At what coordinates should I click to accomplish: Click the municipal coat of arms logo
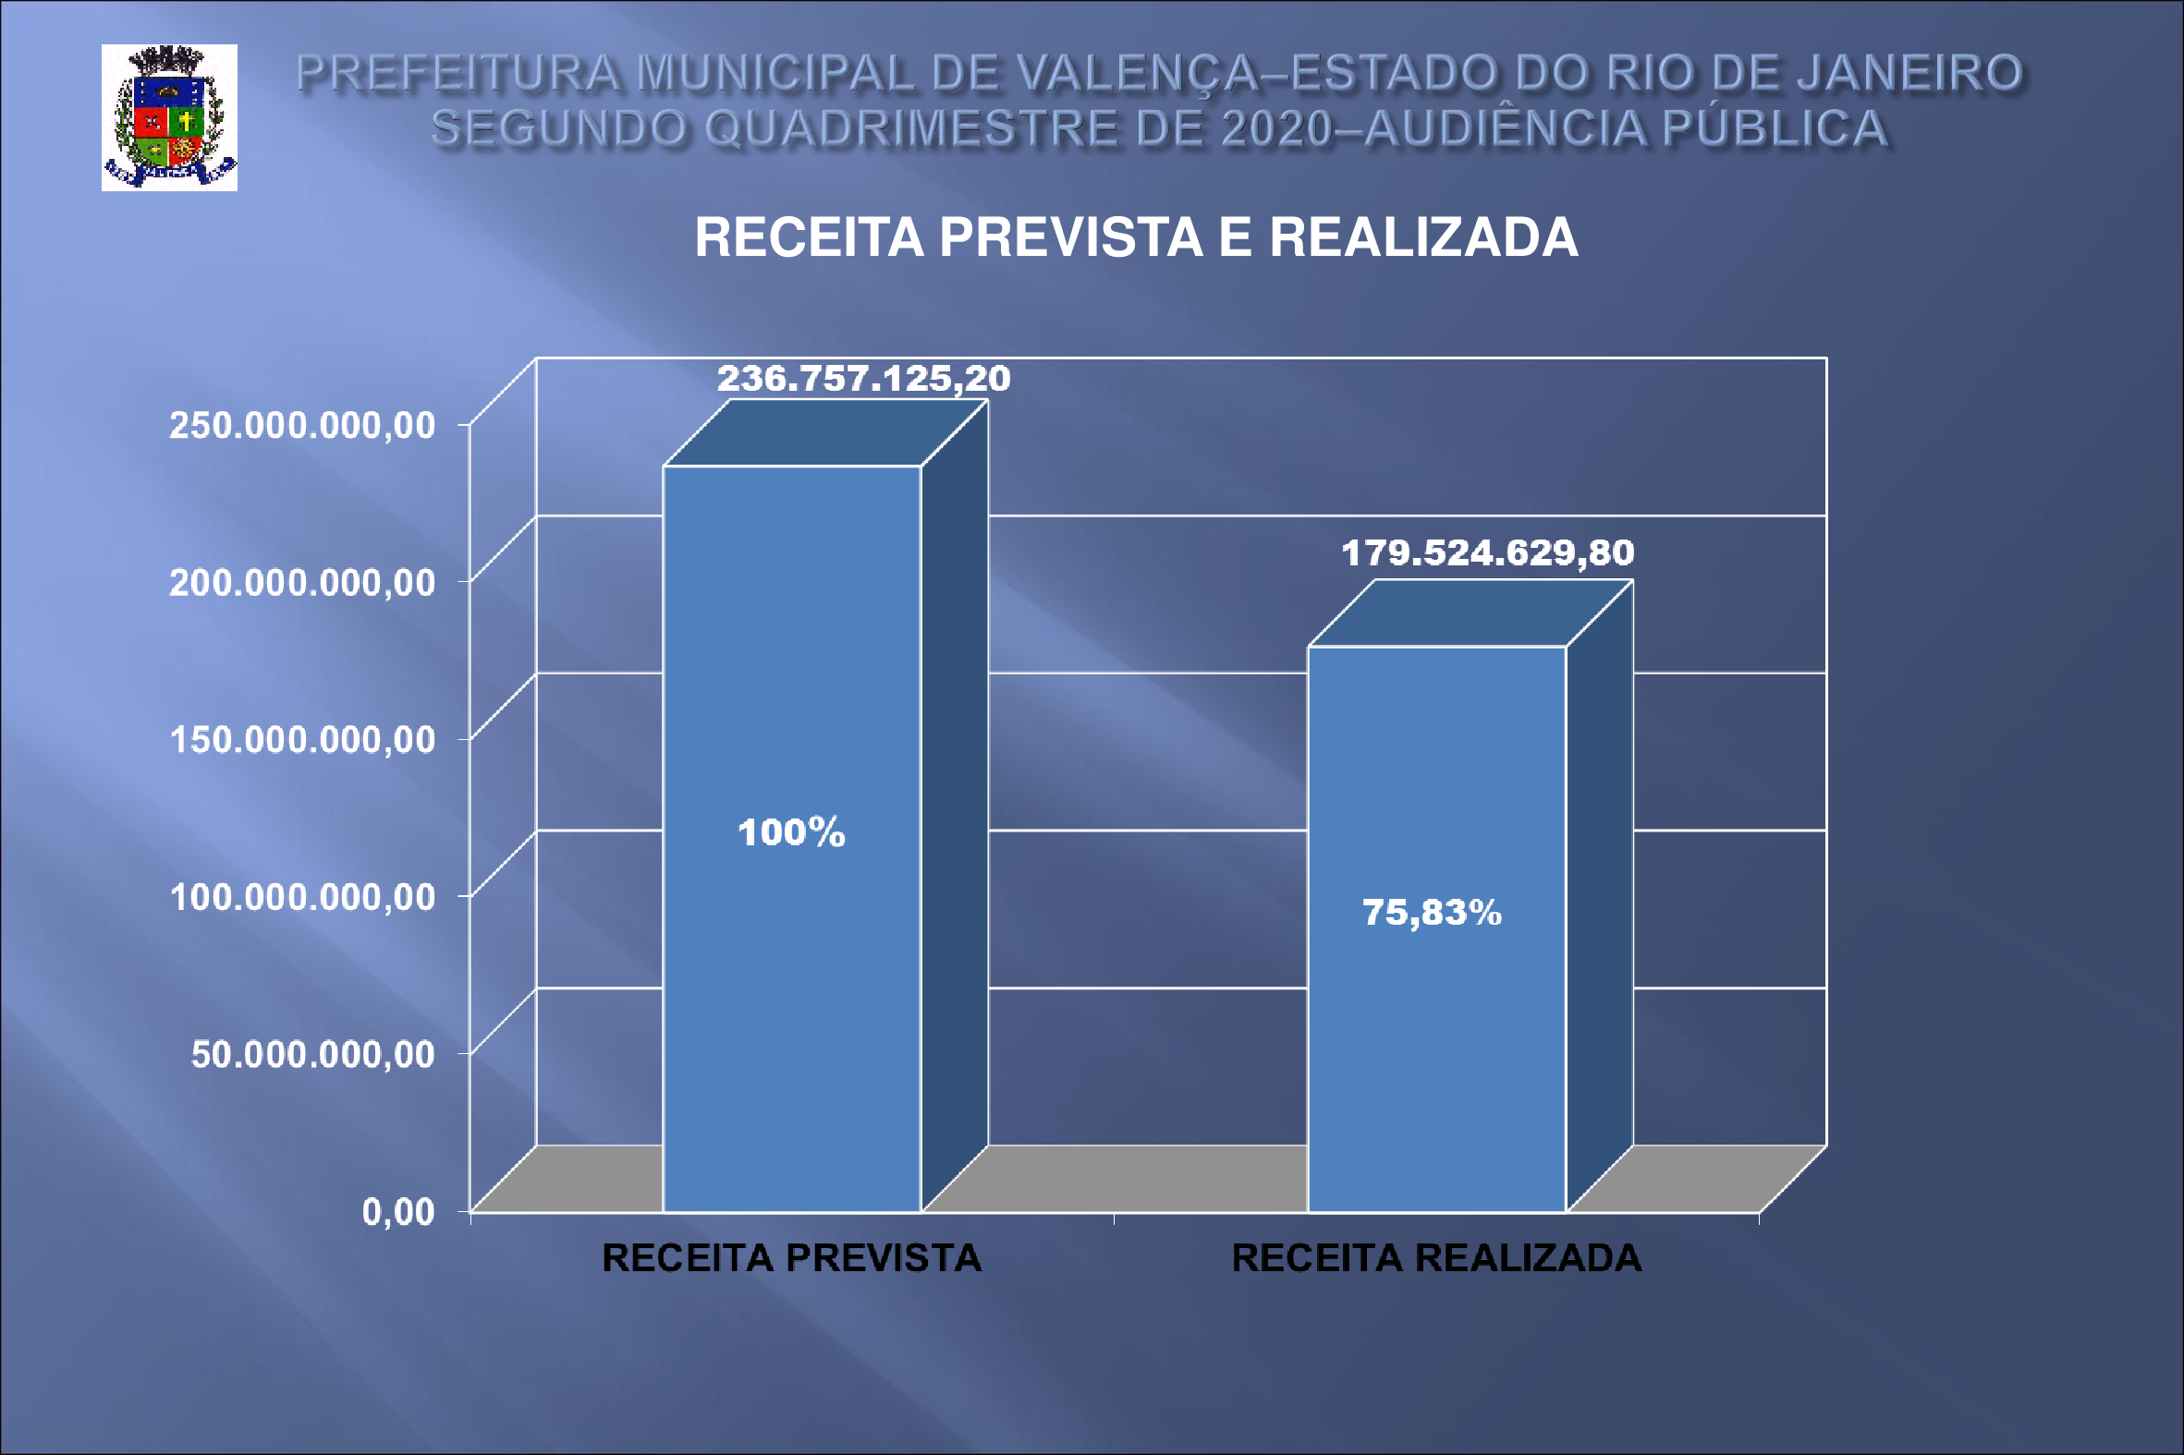pos(169,118)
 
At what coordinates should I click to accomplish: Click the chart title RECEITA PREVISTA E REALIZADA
pos(1136,237)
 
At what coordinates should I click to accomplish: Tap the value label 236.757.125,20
pos(863,379)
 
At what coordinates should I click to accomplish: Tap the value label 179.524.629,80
pos(1487,553)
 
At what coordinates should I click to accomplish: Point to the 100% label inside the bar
pos(791,832)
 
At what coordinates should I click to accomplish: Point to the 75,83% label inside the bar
pos(1432,913)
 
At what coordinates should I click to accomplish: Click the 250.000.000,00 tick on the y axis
pos(301,425)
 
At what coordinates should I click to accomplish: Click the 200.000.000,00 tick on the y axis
pos(301,583)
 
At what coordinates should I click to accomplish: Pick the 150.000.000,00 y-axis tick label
pos(301,740)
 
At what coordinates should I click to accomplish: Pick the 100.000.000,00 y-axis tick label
pos(301,897)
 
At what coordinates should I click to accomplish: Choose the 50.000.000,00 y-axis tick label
pos(311,1054)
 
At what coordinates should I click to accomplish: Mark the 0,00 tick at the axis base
pos(398,1212)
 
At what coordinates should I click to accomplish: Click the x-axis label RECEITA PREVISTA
pos(791,1259)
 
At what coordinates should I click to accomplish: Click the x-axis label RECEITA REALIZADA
pos(1436,1259)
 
